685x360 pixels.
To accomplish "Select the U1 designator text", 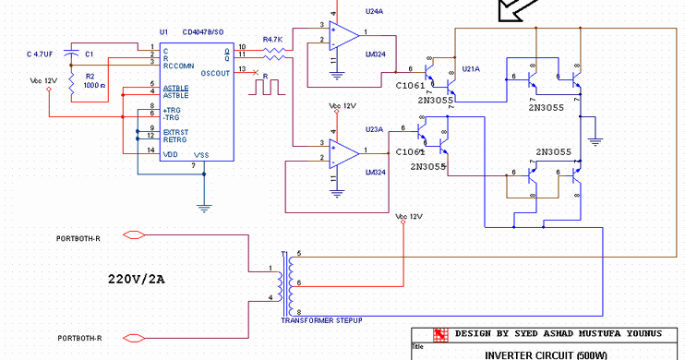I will (163, 32).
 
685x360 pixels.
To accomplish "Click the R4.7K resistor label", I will (272, 40).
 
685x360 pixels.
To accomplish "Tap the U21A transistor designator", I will (471, 68).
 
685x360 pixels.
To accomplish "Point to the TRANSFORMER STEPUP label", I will (321, 318).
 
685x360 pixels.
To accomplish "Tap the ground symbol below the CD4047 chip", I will (204, 208).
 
